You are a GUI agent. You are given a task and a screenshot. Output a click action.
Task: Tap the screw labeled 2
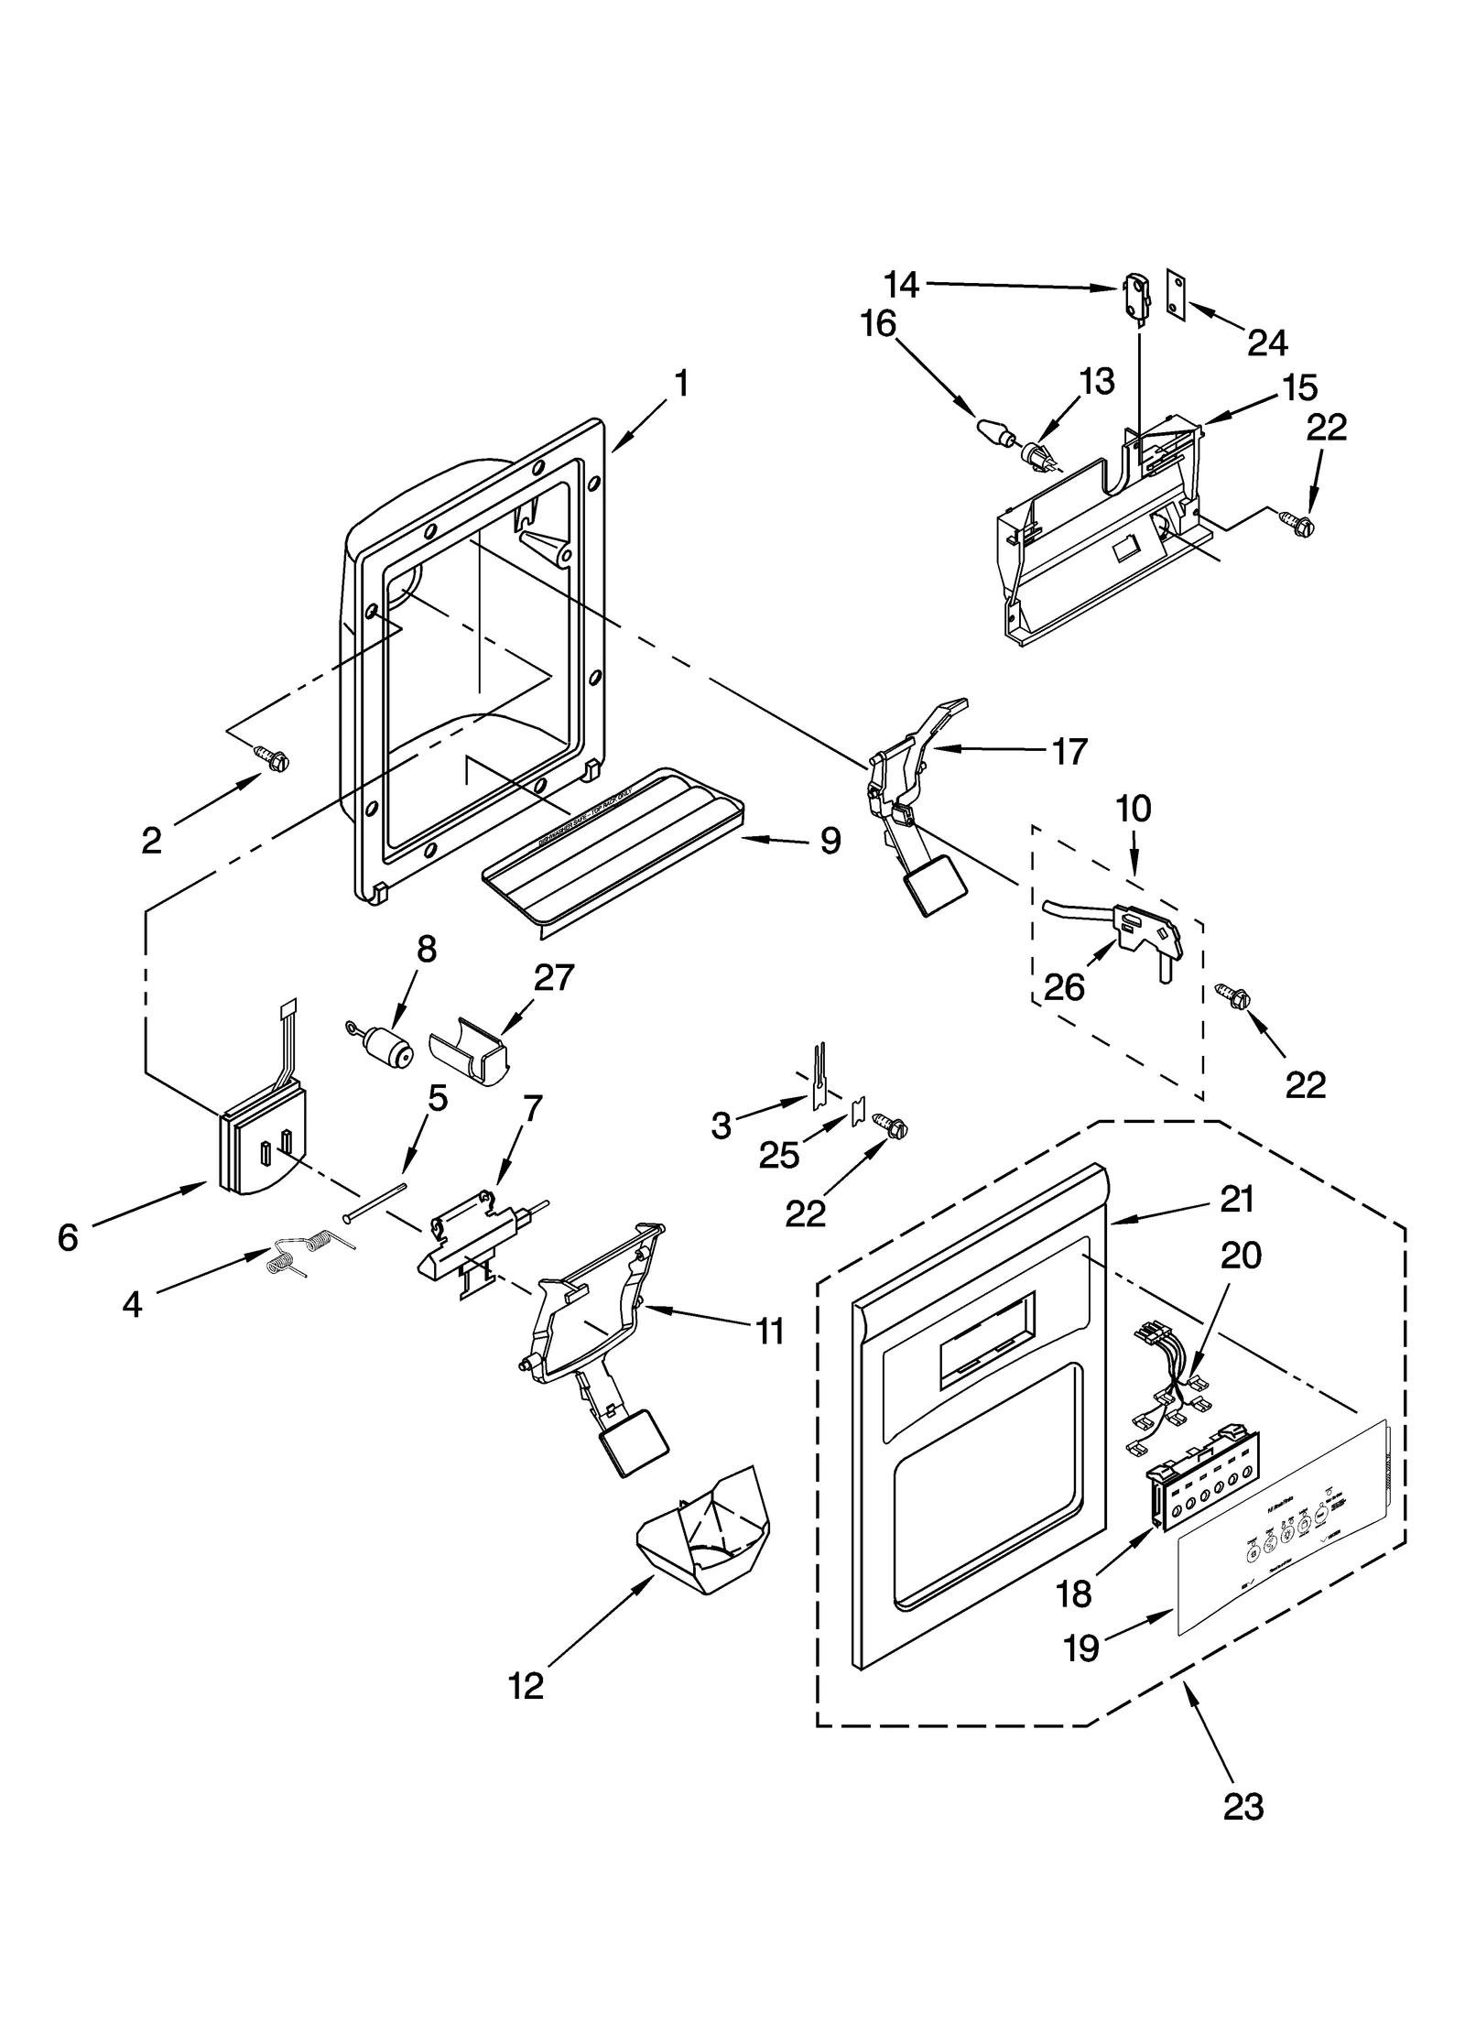273,756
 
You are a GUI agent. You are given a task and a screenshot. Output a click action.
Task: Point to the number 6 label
68,1238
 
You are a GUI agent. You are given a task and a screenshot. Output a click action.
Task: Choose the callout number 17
1069,751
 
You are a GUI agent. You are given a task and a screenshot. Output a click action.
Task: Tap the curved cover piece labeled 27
470,1051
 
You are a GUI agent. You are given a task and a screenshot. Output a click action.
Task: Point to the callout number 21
1236,1199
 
